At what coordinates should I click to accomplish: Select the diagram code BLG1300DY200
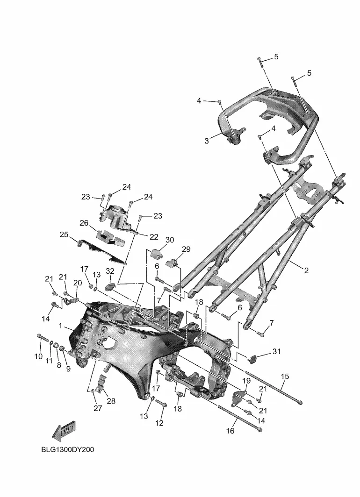tap(68, 450)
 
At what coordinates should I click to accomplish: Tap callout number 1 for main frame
tap(60, 326)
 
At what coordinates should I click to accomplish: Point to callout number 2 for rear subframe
tap(306, 270)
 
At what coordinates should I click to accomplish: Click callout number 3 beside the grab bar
tap(207, 141)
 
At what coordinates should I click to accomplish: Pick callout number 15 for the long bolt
tap(285, 376)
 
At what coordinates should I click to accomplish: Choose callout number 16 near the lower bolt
tap(230, 431)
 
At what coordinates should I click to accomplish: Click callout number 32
tap(110, 271)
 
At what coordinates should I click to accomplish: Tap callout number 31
tap(277, 352)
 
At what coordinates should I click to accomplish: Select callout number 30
tap(170, 240)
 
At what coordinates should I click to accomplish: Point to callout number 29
tap(186, 249)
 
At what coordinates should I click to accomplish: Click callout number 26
tap(84, 223)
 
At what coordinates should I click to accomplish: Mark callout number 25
tap(64, 234)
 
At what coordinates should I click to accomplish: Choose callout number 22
tap(154, 237)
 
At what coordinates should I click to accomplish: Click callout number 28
tap(111, 401)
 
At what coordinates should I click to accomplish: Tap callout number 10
tap(38, 356)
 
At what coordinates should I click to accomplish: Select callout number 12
tap(159, 423)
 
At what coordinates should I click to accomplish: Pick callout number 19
tap(246, 381)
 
